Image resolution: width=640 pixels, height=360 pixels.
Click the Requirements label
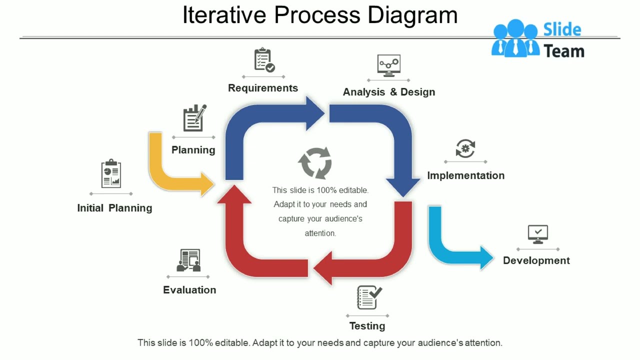[x=263, y=88]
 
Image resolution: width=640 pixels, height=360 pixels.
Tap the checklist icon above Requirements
[x=264, y=60]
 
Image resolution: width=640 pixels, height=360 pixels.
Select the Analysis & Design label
[x=388, y=92]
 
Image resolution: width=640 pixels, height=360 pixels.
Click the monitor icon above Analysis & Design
[x=388, y=65]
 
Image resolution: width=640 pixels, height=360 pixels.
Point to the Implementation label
[x=465, y=175]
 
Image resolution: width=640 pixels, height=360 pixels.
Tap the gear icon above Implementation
[x=465, y=148]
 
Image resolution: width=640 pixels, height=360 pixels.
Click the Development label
[x=536, y=260]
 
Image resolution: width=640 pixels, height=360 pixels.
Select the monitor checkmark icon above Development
[x=538, y=234]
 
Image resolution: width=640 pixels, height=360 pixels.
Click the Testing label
[x=367, y=326]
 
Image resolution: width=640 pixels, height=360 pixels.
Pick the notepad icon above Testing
[x=368, y=297]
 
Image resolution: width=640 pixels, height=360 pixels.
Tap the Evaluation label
[x=189, y=290]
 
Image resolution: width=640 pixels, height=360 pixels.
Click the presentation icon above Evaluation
[x=188, y=260]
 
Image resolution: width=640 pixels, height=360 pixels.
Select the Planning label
[x=193, y=150]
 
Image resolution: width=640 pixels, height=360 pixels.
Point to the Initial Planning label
[x=114, y=208]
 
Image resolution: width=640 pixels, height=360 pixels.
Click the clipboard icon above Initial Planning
[x=111, y=174]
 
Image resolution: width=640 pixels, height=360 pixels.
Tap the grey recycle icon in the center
[x=315, y=163]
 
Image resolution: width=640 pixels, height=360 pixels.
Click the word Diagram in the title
[x=412, y=15]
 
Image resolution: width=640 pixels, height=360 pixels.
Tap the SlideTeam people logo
[x=515, y=38]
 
